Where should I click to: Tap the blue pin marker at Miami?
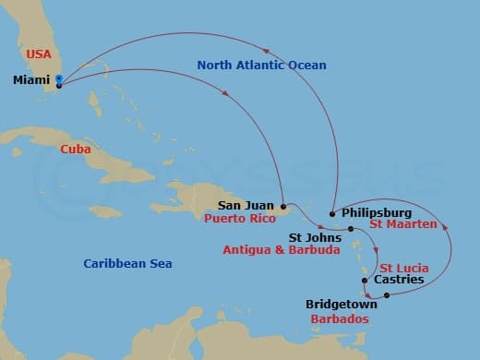tap(58, 79)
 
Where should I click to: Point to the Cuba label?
tap(75, 149)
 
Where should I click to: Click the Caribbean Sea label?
tap(127, 264)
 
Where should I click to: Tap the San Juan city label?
tap(246, 206)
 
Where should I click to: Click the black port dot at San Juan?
tap(282, 206)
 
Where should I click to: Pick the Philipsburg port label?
tap(378, 211)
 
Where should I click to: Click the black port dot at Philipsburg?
tap(332, 213)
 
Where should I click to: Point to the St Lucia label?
tap(404, 267)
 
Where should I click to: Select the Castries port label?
tap(400, 280)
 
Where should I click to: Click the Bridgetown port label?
tap(342, 303)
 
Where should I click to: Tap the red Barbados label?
tap(338, 318)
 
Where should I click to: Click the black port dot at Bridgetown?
tap(387, 295)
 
